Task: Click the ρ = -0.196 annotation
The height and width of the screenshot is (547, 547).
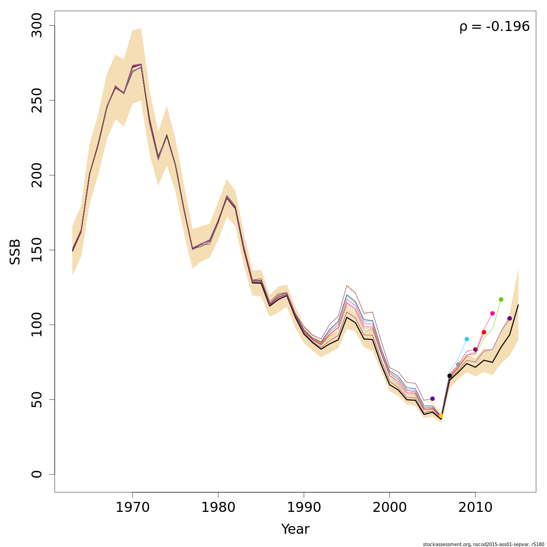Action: tap(495, 27)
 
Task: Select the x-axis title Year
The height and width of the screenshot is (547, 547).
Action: tap(295, 529)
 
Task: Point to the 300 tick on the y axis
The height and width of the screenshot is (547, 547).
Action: tap(38, 26)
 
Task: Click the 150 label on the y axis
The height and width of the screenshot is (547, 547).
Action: tap(38, 250)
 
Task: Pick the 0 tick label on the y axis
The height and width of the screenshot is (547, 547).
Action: tap(38, 474)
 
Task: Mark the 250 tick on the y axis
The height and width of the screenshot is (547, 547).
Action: tap(38, 100)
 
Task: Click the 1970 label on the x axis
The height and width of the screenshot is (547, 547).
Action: tap(132, 507)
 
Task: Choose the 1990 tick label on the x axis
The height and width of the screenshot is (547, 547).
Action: tap(304, 507)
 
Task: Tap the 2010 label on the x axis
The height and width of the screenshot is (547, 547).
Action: tap(475, 507)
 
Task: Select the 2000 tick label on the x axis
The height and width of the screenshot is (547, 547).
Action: tap(390, 507)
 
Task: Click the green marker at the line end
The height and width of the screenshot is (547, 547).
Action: tap(501, 299)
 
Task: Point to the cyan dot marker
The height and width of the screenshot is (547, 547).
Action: tap(467, 339)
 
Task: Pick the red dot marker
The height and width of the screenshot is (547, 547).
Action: tap(484, 332)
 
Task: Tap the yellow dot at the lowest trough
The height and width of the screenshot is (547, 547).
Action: tap(441, 416)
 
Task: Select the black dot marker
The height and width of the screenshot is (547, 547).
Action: tap(449, 376)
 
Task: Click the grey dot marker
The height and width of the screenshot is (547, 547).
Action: tap(458, 365)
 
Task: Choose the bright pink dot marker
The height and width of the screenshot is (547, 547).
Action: tap(492, 314)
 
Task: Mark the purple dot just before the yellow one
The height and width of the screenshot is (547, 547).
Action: tap(433, 399)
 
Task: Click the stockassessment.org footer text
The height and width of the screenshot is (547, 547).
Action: tap(484, 544)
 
